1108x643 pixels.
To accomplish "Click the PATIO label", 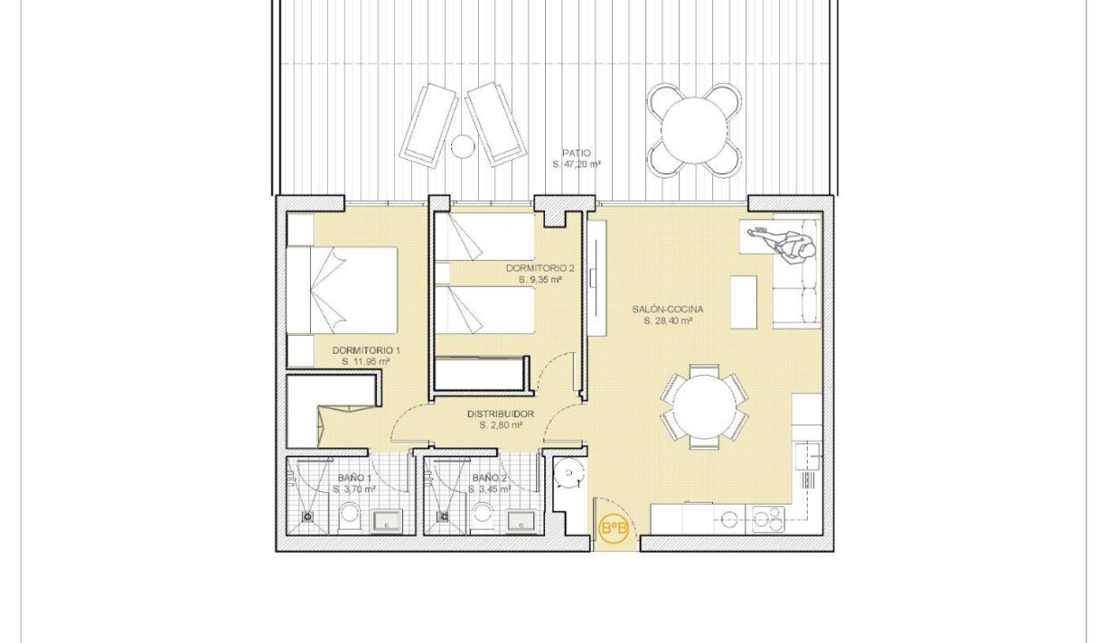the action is coord(576,154).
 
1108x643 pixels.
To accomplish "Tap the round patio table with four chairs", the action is coord(694,129).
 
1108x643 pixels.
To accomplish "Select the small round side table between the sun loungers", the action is coord(463,146).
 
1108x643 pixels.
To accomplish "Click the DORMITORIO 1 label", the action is coord(366,350).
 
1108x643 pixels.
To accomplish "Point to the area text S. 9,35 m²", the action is coord(540,280).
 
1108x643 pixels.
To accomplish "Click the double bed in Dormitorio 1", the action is coord(342,290).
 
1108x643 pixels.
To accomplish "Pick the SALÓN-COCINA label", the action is coord(667,309).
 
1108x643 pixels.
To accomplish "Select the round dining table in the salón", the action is coord(704,406).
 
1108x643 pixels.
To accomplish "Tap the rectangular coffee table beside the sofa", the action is coord(743,302).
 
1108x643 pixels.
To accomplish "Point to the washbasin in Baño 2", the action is coord(521,522).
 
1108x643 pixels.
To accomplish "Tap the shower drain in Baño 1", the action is coord(307,517).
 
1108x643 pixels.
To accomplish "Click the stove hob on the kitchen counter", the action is coord(768,520).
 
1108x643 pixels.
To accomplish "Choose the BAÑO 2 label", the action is coord(490,478).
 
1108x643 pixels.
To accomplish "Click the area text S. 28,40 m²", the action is coord(667,321).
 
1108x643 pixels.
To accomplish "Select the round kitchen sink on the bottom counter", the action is coord(728,520).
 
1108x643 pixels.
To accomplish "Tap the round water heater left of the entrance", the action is coord(568,473).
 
